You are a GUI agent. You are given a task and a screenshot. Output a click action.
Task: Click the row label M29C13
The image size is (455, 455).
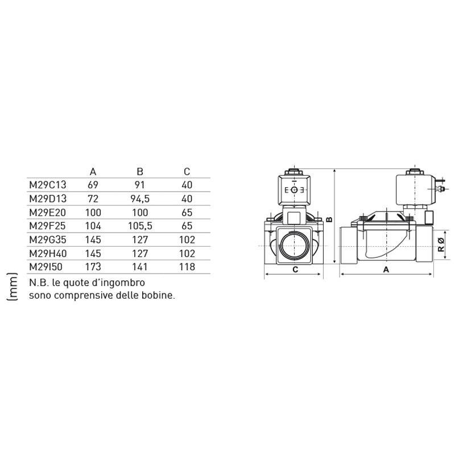48,185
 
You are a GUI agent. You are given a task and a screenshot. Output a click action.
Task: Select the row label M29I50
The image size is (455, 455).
45,267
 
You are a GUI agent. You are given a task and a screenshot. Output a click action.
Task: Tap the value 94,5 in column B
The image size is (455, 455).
140,198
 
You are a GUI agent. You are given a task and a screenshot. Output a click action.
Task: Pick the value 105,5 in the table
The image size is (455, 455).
140,226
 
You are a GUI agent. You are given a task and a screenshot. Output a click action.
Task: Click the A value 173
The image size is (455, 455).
93,267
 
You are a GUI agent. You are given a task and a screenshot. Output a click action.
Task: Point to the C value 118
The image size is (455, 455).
187,267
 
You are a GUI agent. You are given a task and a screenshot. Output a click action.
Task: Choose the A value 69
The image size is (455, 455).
93,185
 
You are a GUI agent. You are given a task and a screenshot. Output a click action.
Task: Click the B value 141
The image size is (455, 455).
140,267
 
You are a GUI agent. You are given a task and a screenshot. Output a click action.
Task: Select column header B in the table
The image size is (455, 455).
140,172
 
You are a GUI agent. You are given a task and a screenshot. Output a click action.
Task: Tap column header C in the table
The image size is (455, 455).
187,172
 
